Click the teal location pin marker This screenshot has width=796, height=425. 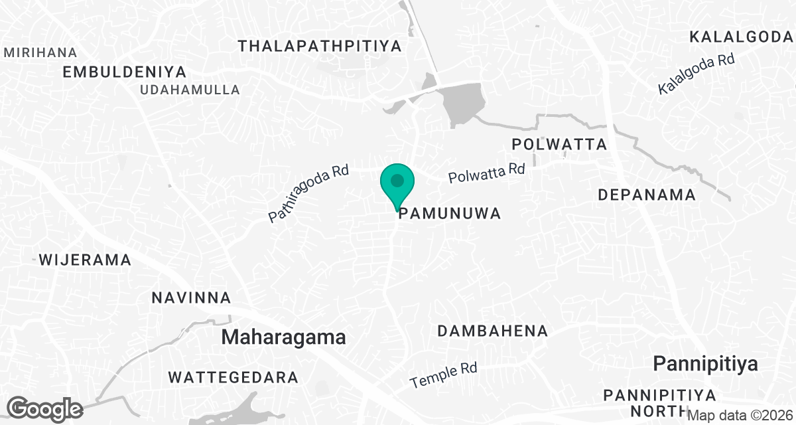coord(397,183)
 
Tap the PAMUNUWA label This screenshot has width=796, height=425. coord(448,213)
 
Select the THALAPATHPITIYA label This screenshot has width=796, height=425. coord(320,46)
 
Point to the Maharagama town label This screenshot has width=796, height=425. coord(283,337)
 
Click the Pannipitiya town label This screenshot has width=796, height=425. coord(705,363)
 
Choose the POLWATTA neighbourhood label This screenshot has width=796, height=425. coord(560,144)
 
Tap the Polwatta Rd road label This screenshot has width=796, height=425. coord(486,173)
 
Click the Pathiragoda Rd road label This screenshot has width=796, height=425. coord(308,193)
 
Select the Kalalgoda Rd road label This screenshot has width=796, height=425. coord(696,74)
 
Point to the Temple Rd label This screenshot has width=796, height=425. coord(444,376)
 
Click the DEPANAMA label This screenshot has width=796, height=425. coord(647,195)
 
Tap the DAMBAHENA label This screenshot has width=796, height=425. coord(493,331)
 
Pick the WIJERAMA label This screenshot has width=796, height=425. coord(85,260)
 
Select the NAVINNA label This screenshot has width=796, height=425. coord(191,297)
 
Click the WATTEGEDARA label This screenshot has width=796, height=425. coord(233,378)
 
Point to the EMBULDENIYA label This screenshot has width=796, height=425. coord(125,72)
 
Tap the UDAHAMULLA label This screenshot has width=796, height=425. coord(190,90)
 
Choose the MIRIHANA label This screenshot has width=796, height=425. coord(40,52)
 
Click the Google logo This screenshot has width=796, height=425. coord(45,408)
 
